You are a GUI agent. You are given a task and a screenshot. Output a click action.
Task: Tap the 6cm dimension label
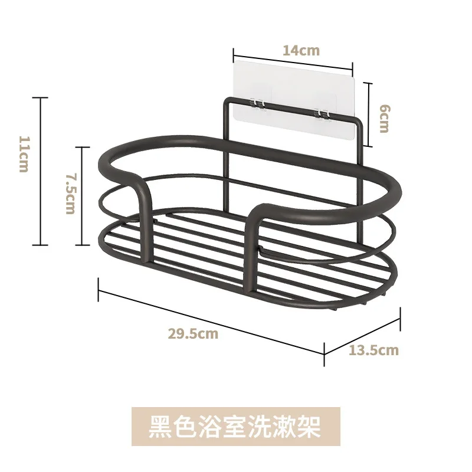pyautogui.click(x=383, y=118)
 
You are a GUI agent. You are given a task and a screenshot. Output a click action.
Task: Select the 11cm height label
pyautogui.click(x=24, y=155)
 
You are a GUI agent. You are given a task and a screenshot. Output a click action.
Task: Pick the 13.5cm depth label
pyautogui.click(x=373, y=350)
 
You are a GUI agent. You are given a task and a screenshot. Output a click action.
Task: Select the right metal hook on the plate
pyautogui.click(x=322, y=112)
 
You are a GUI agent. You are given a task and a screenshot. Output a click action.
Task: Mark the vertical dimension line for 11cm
pyautogui.click(x=40, y=171)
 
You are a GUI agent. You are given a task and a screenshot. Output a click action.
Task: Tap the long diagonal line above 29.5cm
pyautogui.click(x=211, y=321)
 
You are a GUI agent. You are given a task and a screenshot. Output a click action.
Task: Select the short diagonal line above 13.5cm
pyautogui.click(x=363, y=331)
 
